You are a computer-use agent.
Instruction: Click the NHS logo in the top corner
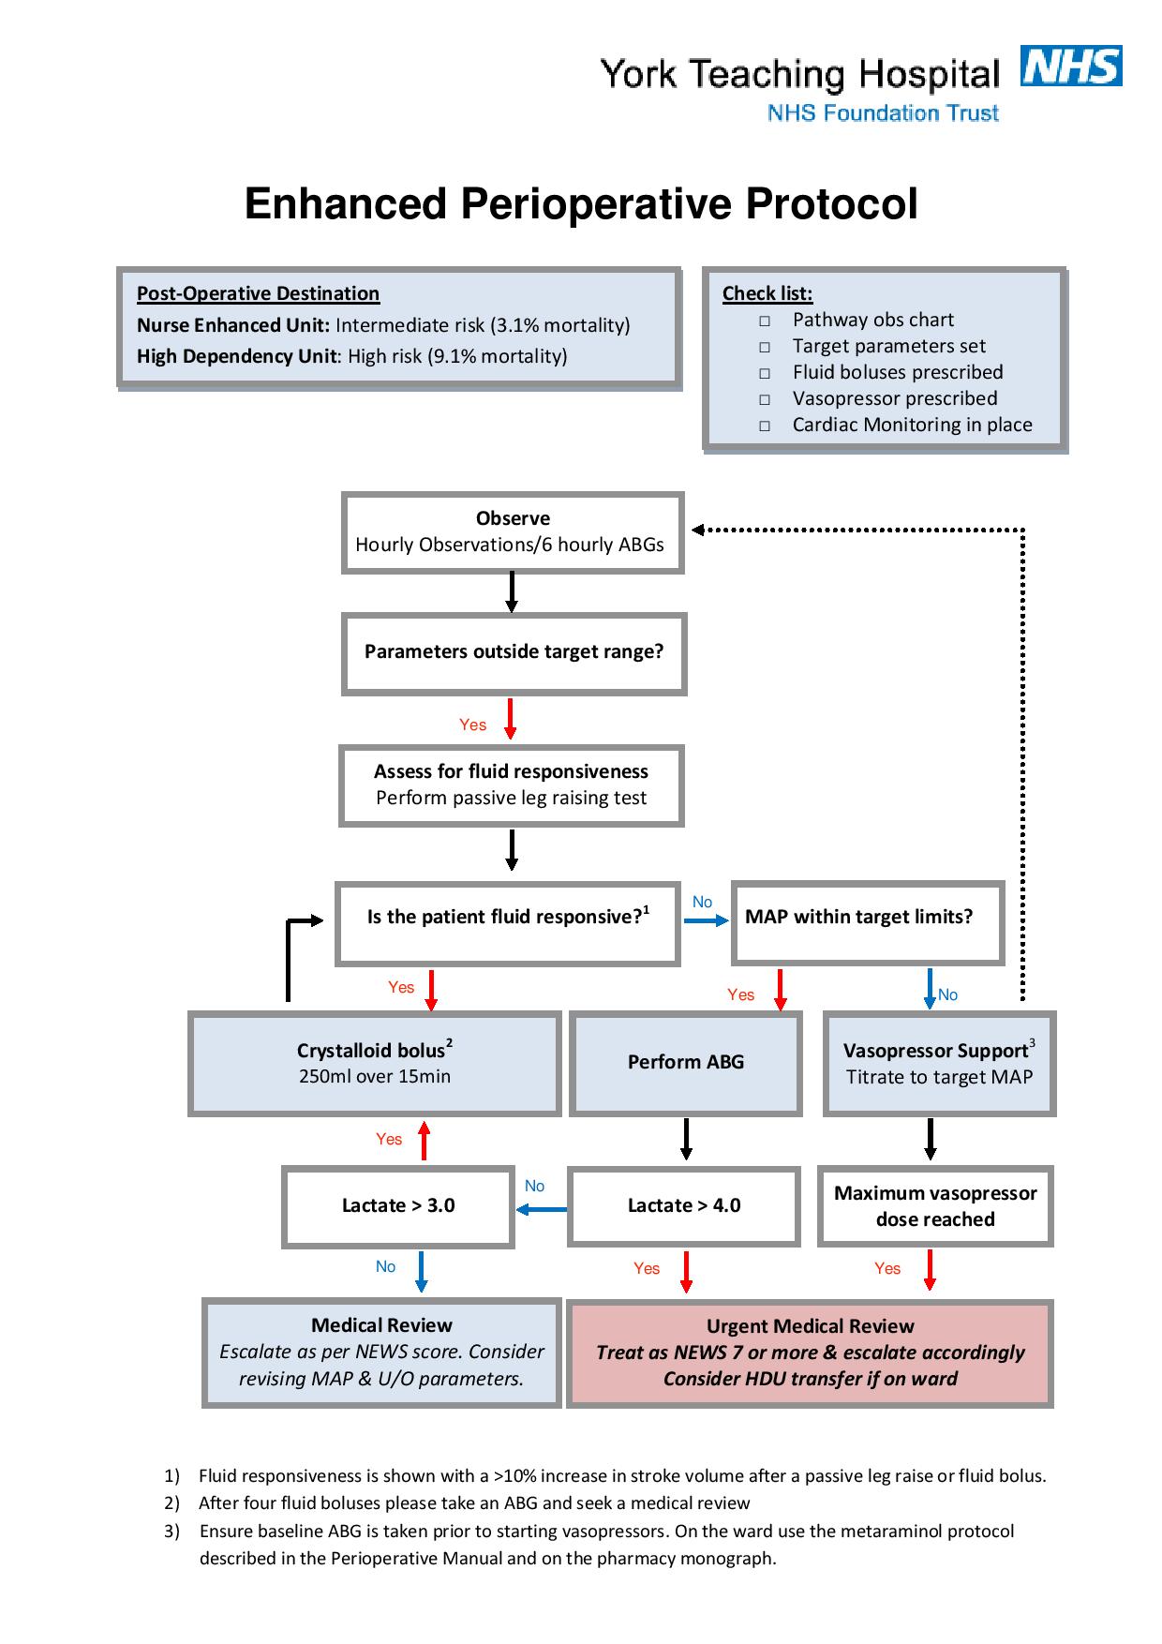(x=1072, y=67)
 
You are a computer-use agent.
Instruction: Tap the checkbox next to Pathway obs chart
(x=765, y=321)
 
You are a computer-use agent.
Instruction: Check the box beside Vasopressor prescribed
(x=765, y=400)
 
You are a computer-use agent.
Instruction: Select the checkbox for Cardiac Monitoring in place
(x=765, y=426)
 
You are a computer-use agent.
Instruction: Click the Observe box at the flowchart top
(x=512, y=532)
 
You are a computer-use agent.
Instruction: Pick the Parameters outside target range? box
(x=514, y=653)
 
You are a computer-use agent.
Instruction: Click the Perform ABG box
(x=685, y=1063)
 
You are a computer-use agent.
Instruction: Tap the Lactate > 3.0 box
(x=398, y=1206)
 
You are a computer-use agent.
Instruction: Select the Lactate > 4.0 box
(x=684, y=1206)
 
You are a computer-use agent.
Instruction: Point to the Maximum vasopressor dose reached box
(x=935, y=1206)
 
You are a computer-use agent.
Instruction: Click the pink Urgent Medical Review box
(x=811, y=1353)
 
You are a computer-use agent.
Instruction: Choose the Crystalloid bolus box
(x=375, y=1063)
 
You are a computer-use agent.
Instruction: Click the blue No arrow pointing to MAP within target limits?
(x=707, y=921)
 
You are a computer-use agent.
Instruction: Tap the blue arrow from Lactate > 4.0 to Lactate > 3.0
(x=542, y=1209)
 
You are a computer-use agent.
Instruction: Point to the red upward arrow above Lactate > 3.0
(x=424, y=1141)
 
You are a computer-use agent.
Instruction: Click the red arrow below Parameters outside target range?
(x=511, y=719)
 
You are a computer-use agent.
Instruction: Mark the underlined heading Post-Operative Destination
(x=259, y=293)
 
